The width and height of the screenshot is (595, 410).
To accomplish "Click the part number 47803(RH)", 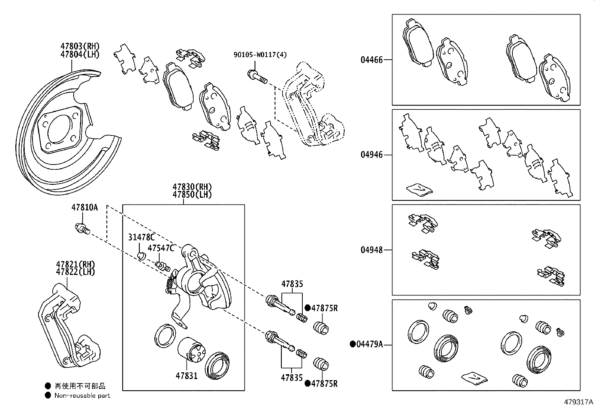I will click(80, 46).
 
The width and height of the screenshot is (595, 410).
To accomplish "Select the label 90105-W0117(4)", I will click(260, 55).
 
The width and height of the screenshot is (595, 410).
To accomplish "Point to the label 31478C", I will click(141, 237).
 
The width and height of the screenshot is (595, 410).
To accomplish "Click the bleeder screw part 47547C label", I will click(161, 248).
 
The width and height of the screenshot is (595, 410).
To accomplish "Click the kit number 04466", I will click(372, 60).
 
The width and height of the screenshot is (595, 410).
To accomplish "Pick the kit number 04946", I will click(372, 155).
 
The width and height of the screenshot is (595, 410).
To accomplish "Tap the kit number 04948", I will click(372, 250).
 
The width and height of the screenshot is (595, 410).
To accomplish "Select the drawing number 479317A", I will click(579, 402).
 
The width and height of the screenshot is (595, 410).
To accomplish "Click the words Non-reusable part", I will click(82, 395).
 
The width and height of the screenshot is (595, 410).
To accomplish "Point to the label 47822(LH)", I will click(75, 272).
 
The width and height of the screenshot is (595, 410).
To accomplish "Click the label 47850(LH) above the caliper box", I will click(192, 195).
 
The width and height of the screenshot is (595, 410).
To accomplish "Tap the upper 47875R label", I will click(324, 308).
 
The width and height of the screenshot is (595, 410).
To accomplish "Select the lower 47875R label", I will click(324, 384).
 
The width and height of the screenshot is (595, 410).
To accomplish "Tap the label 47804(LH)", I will click(80, 54).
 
